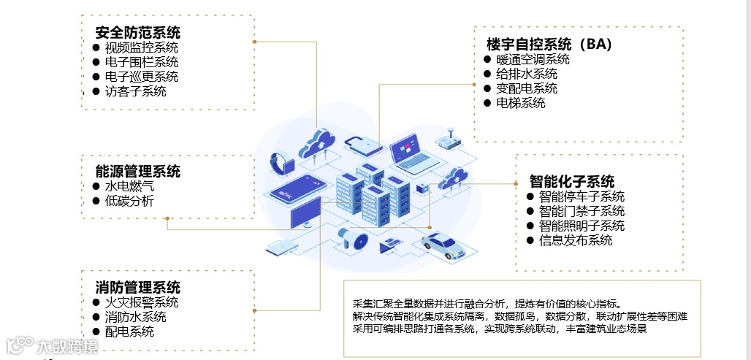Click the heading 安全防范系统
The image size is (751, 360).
point(137,33)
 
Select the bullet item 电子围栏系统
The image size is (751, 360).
point(141,62)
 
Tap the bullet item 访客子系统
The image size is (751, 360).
point(135,91)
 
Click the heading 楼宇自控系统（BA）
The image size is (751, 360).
point(549,44)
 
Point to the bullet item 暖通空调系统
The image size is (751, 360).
point(533,59)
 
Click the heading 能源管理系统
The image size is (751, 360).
point(137,172)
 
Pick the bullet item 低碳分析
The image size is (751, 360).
point(129,201)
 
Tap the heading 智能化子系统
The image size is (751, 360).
point(572,181)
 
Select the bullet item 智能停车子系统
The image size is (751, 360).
point(582,196)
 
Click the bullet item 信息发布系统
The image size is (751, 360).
point(576,240)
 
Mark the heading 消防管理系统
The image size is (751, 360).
point(137,288)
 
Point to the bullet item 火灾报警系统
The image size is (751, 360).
point(141,302)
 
